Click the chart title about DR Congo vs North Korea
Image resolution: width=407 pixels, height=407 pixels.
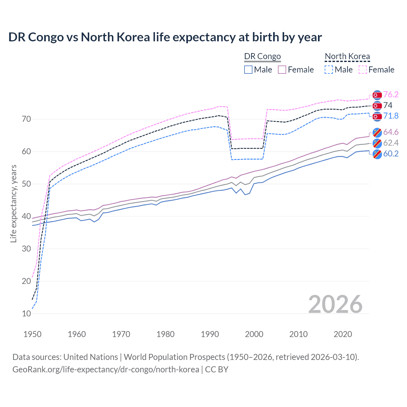(165, 37)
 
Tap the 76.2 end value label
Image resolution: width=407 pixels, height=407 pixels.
(390, 94)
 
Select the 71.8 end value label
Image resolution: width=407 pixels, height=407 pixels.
(390, 116)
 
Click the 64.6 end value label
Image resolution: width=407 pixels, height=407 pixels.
(390, 132)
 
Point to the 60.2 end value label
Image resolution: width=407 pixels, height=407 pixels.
(390, 154)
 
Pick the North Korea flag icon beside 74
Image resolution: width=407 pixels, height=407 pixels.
(377, 106)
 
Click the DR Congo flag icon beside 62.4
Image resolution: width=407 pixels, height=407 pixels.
(377, 143)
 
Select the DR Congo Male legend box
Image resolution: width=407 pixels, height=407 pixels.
(248, 70)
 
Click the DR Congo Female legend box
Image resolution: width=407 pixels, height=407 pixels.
(282, 70)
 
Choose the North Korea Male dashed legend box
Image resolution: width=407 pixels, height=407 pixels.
(329, 70)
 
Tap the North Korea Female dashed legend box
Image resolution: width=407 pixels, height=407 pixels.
(362, 70)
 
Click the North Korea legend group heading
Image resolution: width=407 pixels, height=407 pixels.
(347, 56)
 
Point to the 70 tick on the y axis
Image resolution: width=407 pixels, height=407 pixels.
(26, 119)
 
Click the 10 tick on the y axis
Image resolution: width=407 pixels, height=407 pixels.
(26, 314)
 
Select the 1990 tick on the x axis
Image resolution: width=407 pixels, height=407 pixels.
(210, 334)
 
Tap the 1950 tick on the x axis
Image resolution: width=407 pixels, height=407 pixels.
(32, 334)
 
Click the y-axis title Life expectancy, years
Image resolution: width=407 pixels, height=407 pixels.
(13, 203)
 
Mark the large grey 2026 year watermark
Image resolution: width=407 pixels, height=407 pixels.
(335, 304)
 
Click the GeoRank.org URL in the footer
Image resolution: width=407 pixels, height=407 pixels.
(106, 369)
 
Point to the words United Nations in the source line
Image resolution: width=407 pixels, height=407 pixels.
(91, 357)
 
